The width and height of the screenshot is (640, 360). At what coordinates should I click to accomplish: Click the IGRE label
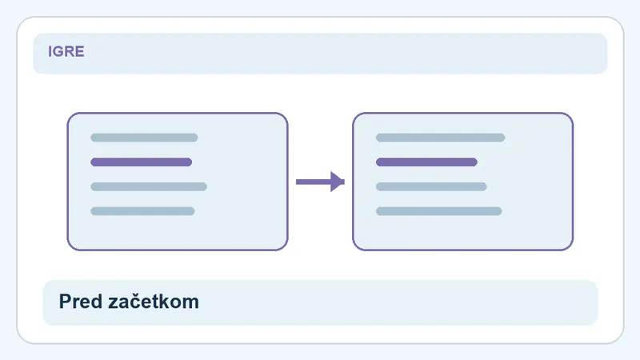tap(66, 51)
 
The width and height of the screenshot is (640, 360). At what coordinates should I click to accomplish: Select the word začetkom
tap(154, 302)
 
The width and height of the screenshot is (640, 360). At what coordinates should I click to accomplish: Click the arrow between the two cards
tap(321, 182)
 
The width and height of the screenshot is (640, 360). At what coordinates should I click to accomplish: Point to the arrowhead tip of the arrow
tap(345, 182)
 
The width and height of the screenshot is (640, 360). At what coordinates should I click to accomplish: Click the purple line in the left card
tap(142, 162)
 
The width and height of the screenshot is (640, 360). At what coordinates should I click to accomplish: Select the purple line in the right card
tap(426, 162)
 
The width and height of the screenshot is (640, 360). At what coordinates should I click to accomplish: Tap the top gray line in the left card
tap(144, 138)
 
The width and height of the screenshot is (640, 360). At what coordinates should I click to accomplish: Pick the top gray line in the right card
tap(441, 138)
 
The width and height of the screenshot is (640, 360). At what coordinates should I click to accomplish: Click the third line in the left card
tap(149, 186)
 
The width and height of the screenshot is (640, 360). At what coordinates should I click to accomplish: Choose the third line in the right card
tap(431, 186)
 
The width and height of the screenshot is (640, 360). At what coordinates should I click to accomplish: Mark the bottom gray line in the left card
tap(142, 211)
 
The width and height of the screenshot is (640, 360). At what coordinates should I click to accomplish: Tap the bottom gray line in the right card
tap(438, 211)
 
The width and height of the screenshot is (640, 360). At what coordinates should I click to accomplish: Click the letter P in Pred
tap(66, 302)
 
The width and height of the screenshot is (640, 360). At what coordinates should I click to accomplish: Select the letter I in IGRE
tap(50, 51)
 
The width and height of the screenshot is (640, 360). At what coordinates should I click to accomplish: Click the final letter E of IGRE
tap(80, 51)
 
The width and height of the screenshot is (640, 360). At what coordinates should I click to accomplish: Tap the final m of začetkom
tap(191, 304)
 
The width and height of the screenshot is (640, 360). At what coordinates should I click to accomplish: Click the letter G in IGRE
tap(58, 51)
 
